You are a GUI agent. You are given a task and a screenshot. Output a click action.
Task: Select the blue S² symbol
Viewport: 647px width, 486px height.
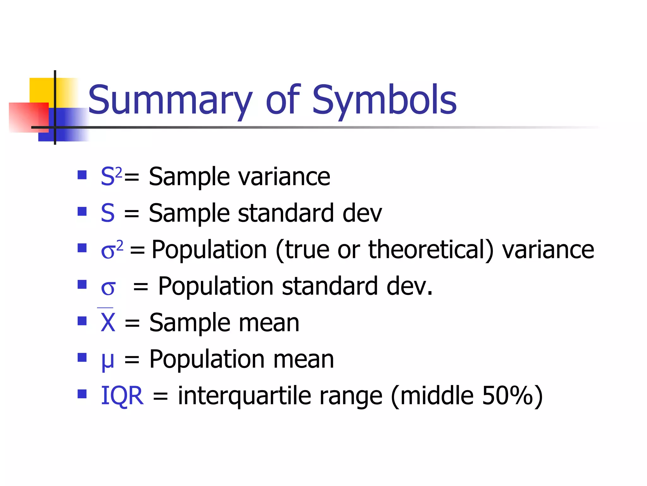point(111,176)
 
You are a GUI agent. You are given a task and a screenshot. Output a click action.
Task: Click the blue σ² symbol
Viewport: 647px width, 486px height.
point(112,250)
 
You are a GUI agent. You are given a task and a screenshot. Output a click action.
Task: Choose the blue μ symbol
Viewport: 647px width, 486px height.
point(107,360)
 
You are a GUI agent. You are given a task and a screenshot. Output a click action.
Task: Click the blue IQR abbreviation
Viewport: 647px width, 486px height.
point(122,396)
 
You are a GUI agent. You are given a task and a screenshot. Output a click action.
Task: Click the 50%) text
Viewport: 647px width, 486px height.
point(512,396)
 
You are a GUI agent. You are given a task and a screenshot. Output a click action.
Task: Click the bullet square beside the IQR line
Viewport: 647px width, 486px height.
point(82,394)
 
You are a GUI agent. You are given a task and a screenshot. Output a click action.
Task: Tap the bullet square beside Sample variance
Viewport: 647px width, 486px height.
point(82,175)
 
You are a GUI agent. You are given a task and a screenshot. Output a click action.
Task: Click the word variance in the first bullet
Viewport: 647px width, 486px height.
point(284,177)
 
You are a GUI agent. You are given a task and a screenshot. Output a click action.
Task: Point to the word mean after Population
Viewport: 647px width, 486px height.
point(303,359)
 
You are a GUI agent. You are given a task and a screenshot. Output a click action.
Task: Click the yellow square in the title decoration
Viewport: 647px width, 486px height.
point(41,90)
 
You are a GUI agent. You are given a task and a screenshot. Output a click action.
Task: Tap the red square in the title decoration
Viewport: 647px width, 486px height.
point(27,117)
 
